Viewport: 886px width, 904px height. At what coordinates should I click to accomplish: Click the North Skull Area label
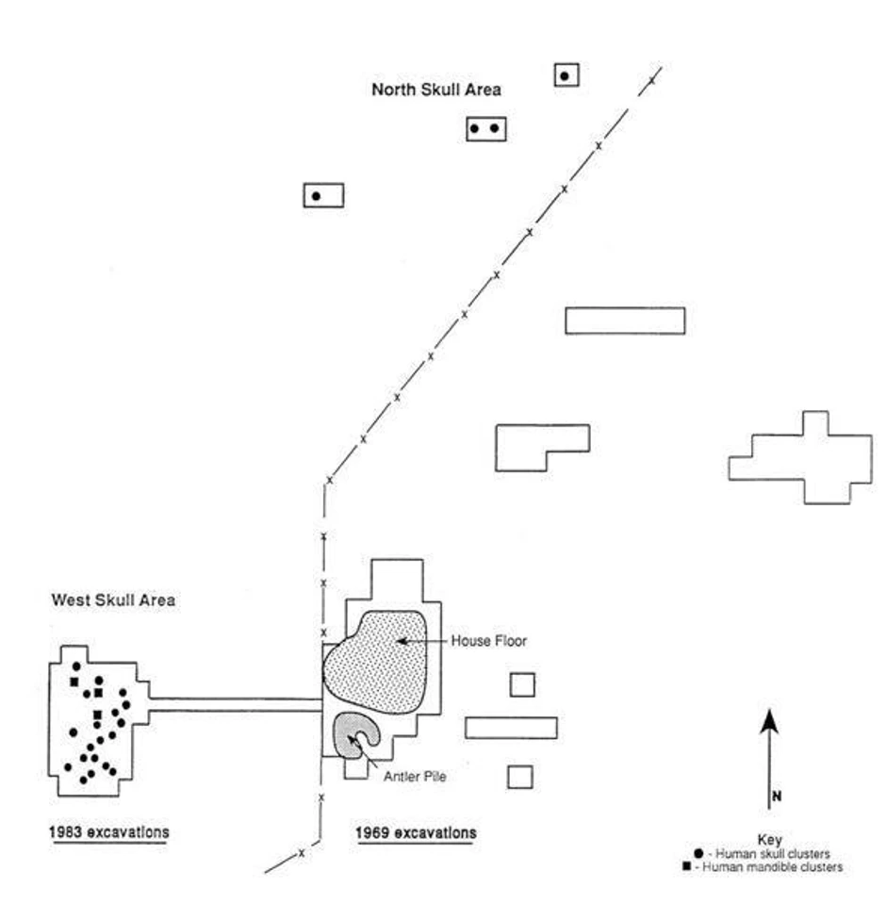[435, 90]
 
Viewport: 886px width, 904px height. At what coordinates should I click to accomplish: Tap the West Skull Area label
[112, 600]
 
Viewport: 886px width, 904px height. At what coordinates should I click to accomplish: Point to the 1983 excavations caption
[109, 833]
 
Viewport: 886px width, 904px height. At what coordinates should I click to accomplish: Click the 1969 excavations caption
[416, 833]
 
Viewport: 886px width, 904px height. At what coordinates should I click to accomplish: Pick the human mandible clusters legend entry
[769, 866]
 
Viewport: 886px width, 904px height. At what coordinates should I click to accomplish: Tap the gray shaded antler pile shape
[352, 733]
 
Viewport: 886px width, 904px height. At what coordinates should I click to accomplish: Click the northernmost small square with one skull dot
[566, 75]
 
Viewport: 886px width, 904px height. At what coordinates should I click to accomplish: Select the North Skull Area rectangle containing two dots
[486, 128]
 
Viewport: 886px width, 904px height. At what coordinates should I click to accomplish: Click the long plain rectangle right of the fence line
[625, 321]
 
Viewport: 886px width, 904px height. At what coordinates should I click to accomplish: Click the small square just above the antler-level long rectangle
[522, 684]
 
